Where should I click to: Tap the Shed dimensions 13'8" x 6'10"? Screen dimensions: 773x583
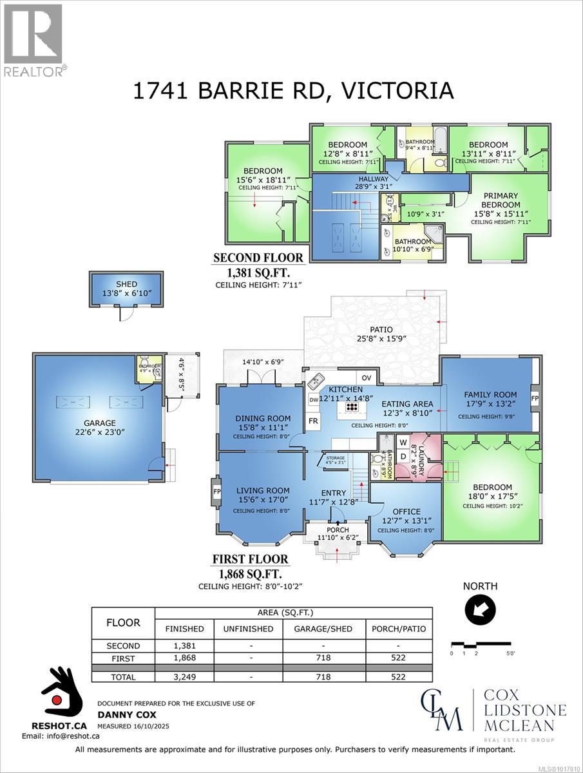[117, 293]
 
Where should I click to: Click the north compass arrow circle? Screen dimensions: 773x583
[480, 607]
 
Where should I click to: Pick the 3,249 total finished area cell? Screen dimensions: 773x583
[184, 677]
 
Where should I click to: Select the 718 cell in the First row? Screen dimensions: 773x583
[323, 658]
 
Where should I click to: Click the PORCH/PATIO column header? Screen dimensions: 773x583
[399, 629]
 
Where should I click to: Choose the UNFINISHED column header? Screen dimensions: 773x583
[248, 629]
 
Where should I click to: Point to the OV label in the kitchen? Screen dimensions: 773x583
[367, 377]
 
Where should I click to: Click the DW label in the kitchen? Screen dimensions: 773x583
[313, 399]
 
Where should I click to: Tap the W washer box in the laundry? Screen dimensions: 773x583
[403, 443]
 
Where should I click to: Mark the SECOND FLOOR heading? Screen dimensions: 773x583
[258, 258]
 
